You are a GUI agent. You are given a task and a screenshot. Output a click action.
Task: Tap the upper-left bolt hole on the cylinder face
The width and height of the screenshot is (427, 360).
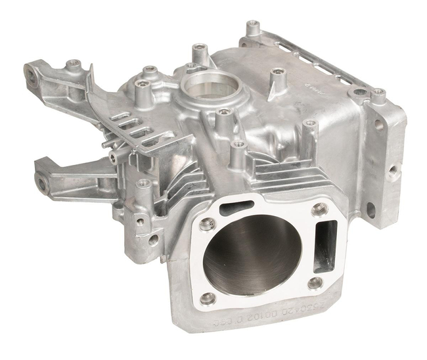tap(208, 223)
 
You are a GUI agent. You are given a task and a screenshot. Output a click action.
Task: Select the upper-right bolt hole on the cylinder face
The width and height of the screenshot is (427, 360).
tap(320, 209)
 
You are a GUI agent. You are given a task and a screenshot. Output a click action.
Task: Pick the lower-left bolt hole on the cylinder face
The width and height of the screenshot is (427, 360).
tap(208, 298)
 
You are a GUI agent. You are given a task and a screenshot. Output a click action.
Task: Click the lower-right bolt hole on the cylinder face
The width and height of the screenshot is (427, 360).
tap(315, 282)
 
